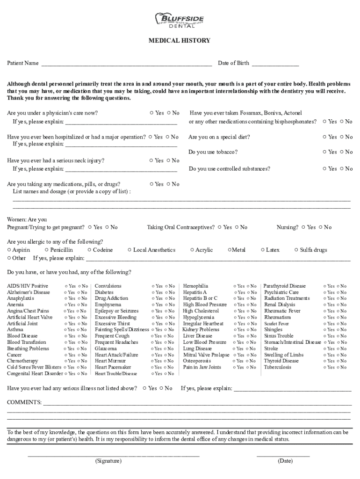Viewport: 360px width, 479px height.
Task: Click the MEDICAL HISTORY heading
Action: (179, 41)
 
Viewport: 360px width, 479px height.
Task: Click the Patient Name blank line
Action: (126, 63)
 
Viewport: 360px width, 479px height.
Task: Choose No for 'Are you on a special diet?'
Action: (342, 137)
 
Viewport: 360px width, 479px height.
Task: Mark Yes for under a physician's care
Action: (151, 113)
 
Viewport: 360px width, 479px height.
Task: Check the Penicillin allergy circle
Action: (46, 250)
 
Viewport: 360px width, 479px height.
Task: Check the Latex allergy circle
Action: (263, 250)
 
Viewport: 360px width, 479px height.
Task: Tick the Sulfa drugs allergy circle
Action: (296, 250)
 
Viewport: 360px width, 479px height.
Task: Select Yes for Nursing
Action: (303, 227)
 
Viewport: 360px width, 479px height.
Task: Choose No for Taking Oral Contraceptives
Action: (237, 227)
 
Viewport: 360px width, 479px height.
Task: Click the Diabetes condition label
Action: (104, 292)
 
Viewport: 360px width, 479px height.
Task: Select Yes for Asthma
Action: (66, 330)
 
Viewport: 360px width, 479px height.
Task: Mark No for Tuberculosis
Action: (338, 368)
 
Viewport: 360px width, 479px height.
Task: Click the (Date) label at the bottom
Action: (285, 461)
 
